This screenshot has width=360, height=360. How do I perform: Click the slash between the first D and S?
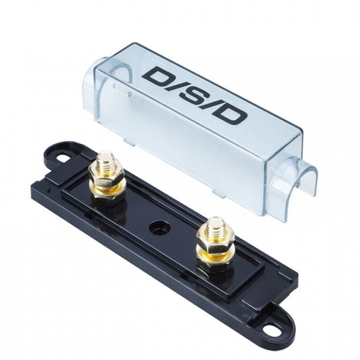(175, 86)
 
